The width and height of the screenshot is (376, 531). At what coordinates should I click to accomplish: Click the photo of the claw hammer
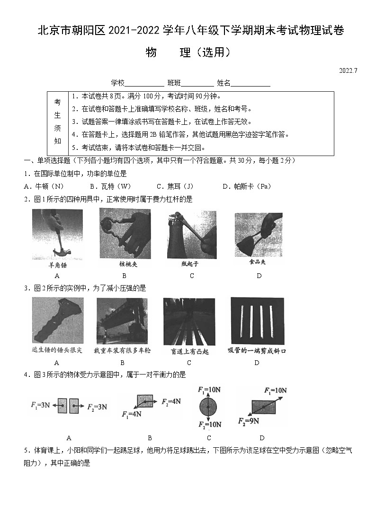[57, 235]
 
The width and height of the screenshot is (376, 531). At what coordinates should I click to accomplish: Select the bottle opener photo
[191, 234]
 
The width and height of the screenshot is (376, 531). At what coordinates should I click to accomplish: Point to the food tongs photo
[259, 234]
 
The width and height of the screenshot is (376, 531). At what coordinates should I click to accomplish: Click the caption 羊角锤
[57, 265]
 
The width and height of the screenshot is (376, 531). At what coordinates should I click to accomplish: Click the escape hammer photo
[57, 321]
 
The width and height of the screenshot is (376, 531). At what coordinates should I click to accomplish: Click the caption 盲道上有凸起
[189, 351]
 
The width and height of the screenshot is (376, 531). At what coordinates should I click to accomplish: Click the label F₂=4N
[171, 401]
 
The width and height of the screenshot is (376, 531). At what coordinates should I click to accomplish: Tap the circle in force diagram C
[208, 407]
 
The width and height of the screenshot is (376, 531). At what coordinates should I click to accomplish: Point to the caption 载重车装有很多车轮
[122, 350]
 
